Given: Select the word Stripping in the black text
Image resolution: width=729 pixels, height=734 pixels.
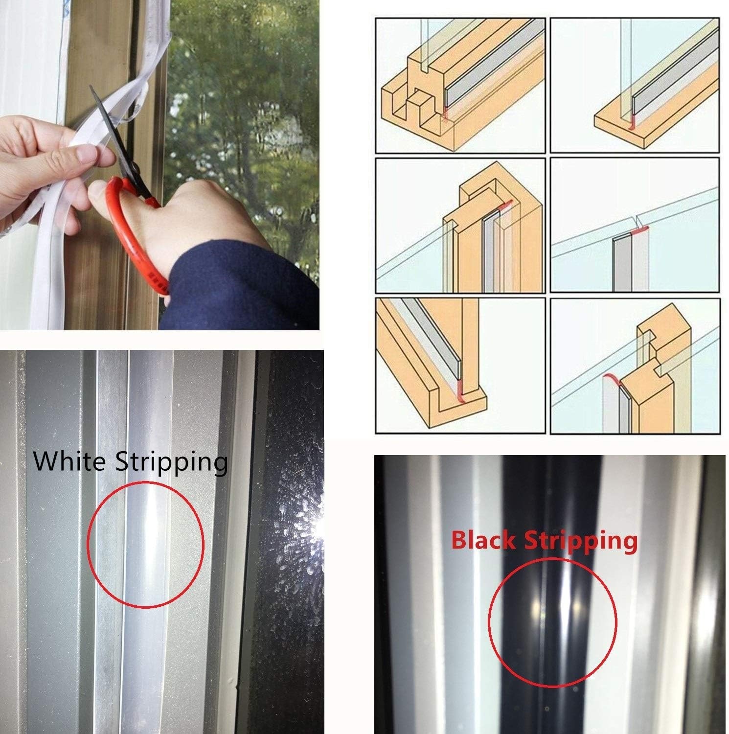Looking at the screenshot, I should [x=171, y=462].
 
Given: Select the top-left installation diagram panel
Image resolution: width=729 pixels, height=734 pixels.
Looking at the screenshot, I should [x=460, y=86].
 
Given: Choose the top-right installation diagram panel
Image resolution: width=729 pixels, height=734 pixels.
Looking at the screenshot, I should [x=635, y=86].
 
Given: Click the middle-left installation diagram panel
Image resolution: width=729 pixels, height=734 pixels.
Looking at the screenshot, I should [x=460, y=226].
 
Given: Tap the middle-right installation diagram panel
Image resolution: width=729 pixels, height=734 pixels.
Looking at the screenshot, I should [x=635, y=226].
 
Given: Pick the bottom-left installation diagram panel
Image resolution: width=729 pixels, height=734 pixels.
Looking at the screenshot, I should [x=460, y=366].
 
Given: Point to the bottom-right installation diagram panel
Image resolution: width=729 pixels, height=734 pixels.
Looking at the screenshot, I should [x=635, y=366].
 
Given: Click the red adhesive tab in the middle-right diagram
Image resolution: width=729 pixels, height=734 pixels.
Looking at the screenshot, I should [x=638, y=229].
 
